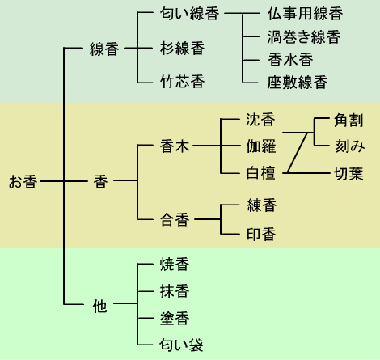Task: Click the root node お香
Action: coord(23,181)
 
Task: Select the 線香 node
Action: coord(104,49)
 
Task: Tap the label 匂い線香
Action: coord(189,14)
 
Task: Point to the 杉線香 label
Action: coord(182,49)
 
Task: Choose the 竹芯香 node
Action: coord(182,82)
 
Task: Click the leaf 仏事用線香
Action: coord(305,14)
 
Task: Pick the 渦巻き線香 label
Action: coord(304,37)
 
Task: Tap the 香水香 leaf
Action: coord(290,60)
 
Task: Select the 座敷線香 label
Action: coord(298,83)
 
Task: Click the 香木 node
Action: coord(175,146)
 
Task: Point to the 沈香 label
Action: coord(260,120)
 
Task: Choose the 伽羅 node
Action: coord(260,146)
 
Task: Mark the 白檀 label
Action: coord(260,173)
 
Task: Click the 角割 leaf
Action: coord(348,121)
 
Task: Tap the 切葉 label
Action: coord(348,173)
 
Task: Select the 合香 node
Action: coord(175,219)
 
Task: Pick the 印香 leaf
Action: coord(261,234)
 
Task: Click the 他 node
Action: coord(99,307)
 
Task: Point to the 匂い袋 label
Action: coord(181,345)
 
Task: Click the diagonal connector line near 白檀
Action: coord(298,153)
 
